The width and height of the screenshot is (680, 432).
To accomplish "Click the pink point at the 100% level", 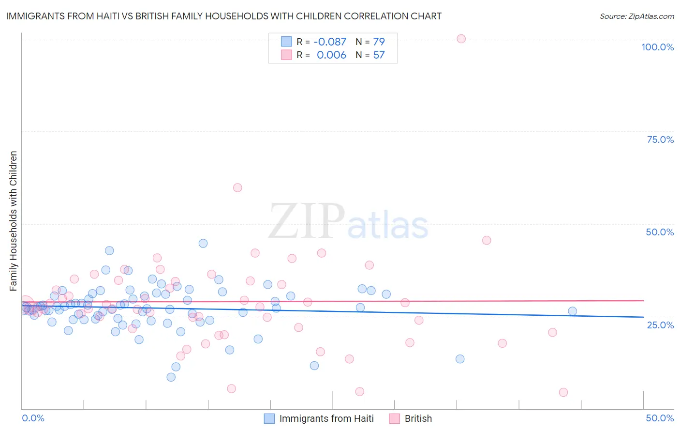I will (461, 39).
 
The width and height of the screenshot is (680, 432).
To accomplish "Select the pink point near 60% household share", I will (237, 187).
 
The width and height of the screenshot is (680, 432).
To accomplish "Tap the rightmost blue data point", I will (572, 311).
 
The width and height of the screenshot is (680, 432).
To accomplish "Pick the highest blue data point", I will (203, 243).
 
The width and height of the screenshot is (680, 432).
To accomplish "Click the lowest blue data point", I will (171, 377).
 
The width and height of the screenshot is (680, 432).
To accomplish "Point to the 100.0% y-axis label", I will (657, 47).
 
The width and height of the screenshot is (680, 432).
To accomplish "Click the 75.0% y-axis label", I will (660, 139).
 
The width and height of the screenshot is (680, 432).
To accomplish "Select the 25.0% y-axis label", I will (660, 324).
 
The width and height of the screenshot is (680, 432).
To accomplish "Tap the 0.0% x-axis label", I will (33, 418).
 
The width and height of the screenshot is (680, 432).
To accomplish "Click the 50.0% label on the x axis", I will (660, 418).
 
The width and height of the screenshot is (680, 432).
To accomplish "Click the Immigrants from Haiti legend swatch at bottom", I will (269, 418).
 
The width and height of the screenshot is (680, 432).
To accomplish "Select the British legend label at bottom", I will (418, 418).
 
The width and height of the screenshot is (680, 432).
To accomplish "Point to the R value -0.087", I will (330, 42).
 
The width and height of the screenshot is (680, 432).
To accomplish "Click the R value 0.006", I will (331, 55).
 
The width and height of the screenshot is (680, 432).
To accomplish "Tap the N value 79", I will (379, 42).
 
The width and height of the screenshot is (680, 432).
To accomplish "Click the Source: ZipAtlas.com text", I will (636, 16).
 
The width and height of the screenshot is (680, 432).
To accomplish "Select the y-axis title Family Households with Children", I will (14, 221).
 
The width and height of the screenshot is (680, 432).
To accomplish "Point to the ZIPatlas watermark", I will (348, 221).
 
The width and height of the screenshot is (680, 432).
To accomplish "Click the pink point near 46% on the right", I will (487, 240).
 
